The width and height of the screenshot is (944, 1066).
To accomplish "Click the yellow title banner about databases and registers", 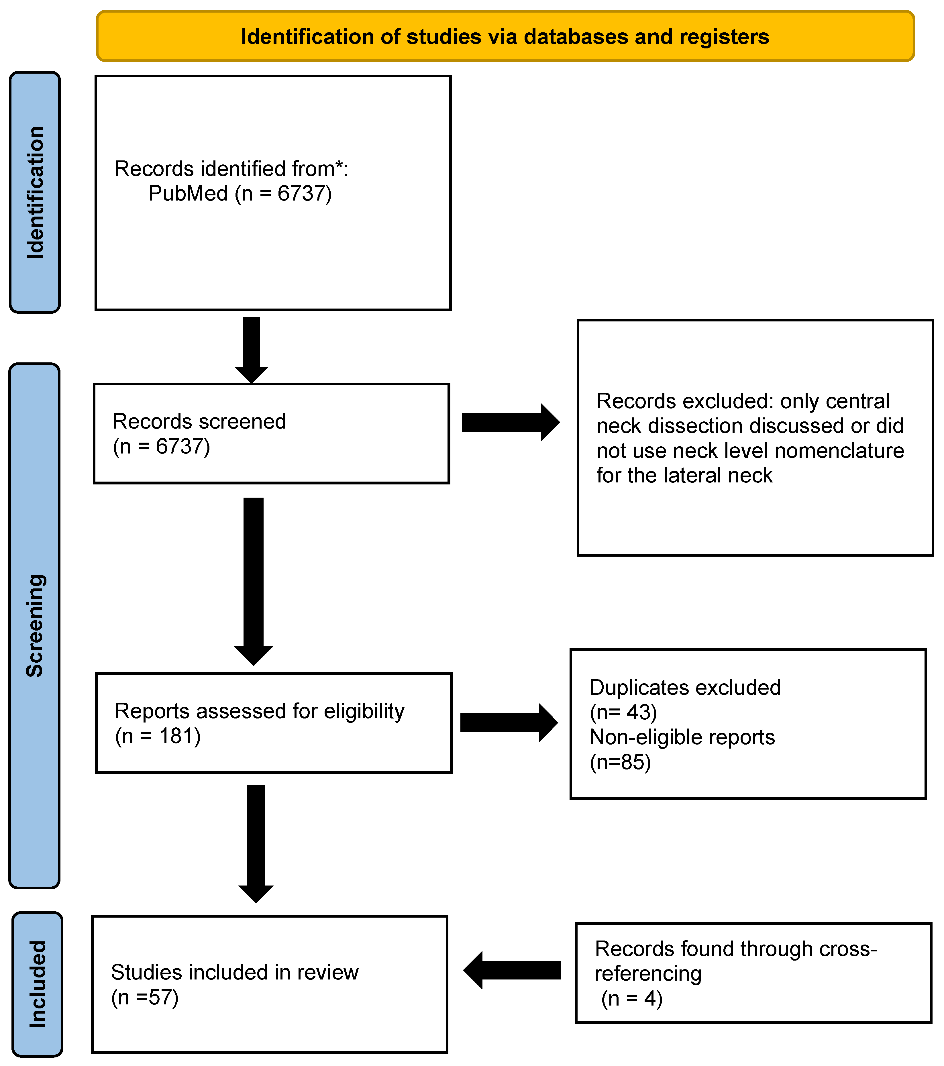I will [505, 36].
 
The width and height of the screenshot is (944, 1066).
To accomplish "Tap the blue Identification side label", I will [35, 193].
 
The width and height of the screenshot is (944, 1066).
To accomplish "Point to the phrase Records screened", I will [199, 421].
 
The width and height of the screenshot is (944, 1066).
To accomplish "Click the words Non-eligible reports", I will [682, 737].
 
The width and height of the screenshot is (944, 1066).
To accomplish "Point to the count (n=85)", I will [620, 762].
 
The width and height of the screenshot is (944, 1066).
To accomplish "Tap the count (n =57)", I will [145, 997].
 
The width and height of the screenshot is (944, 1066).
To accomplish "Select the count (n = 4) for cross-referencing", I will [632, 999].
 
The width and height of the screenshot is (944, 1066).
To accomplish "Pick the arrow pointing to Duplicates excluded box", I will [509, 723].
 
